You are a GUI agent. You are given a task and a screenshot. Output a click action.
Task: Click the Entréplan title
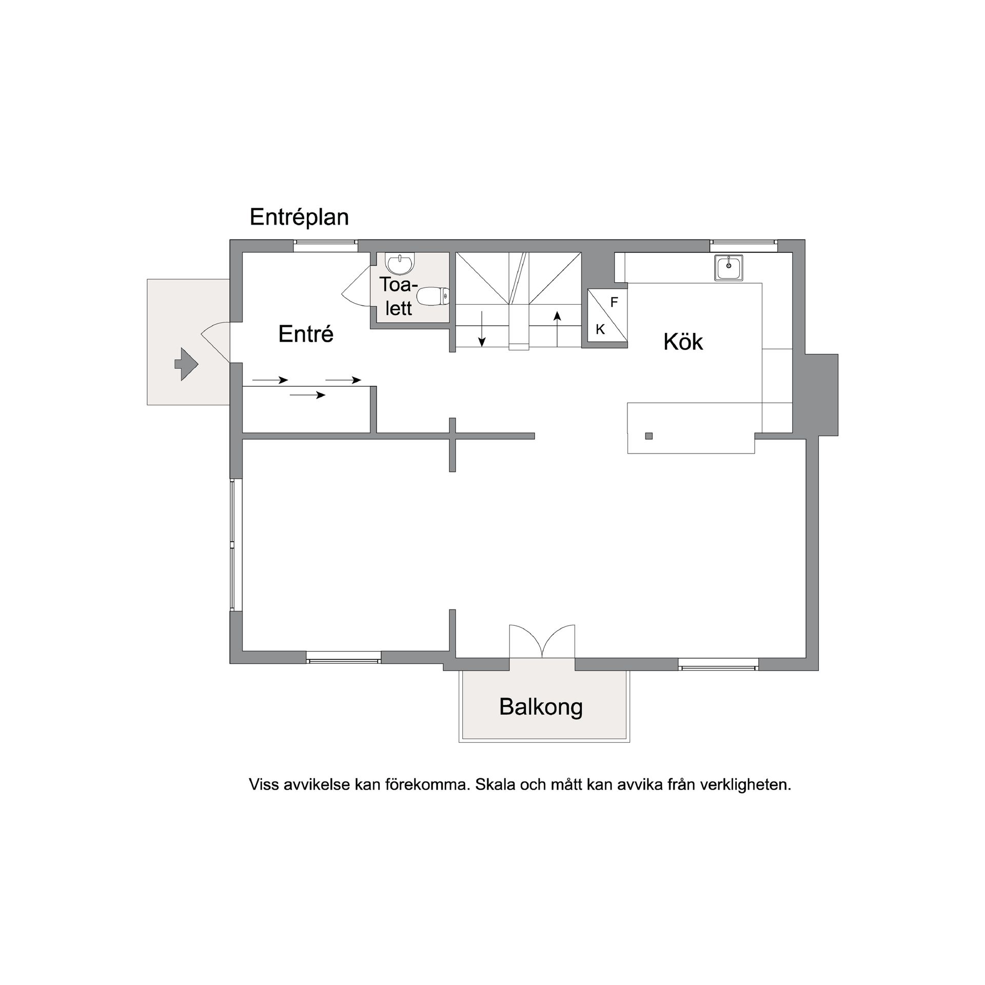pos(299,218)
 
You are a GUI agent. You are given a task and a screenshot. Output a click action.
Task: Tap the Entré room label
pos(306,334)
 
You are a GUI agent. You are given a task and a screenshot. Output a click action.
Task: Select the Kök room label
pos(683,342)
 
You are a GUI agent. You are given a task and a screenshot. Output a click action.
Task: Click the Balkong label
pos(541,707)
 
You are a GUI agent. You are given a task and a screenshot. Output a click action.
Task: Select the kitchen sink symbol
pos(728,267)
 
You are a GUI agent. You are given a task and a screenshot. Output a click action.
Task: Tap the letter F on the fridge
pos(614,303)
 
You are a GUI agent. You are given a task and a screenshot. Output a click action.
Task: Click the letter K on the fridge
pos(600,330)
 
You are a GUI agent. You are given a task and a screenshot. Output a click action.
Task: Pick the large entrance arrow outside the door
pos(187,364)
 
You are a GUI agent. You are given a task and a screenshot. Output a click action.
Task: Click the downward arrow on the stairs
pos(482,328)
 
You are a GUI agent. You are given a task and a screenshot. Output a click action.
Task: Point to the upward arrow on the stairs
pos(557,328)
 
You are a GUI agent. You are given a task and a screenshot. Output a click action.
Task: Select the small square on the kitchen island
pos(649,436)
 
